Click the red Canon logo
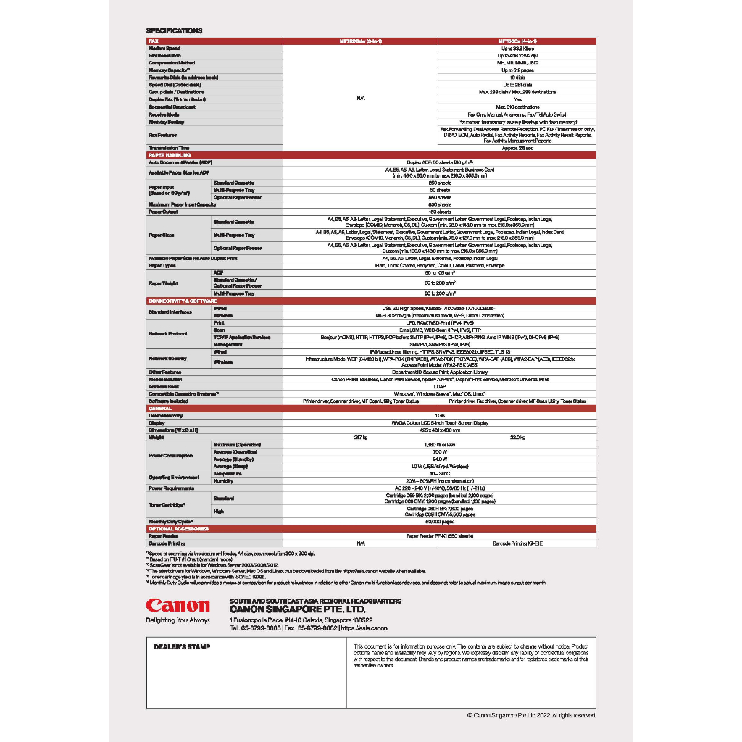pyautogui.click(x=178, y=606)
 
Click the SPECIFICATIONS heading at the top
pyautogui.click(x=175, y=30)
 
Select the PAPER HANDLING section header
pyautogui.click(x=170, y=155)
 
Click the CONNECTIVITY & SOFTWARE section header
pyautogui.click(x=183, y=301)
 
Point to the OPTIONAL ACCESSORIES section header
pyautogui.click(x=178, y=529)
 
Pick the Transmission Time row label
pyautogui.click(x=170, y=149)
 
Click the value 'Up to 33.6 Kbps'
pyautogui.click(x=517, y=49)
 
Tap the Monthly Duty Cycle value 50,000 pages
pyautogui.click(x=439, y=522)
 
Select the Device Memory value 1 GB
pyautogui.click(x=439, y=416)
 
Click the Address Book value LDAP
pyautogui.click(x=439, y=386)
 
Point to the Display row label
pyautogui.click(x=157, y=423)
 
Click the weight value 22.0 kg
pyautogui.click(x=517, y=438)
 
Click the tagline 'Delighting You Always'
pyautogui.click(x=178, y=620)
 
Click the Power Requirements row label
pyautogui.click(x=175, y=488)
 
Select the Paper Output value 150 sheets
pyautogui.click(x=439, y=212)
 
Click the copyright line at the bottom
pyautogui.click(x=531, y=715)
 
